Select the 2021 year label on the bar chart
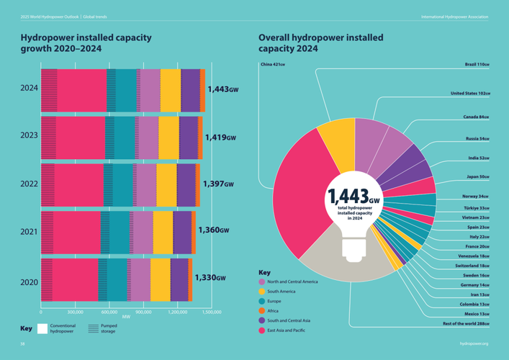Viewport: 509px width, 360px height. pyautogui.click(x=29, y=232)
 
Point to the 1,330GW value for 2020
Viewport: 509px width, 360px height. pyautogui.click(x=210, y=278)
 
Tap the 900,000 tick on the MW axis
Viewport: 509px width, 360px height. pyautogui.click(x=144, y=312)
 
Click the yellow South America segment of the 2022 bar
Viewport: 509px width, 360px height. pyautogui.click(x=166, y=184)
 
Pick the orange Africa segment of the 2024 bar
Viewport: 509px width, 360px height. pyautogui.click(x=202, y=90)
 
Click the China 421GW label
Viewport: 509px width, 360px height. pyautogui.click(x=273, y=65)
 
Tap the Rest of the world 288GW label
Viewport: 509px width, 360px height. pyautogui.click(x=466, y=324)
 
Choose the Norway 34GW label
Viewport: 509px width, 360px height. pyautogui.click(x=476, y=196)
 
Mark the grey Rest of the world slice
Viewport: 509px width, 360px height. pyautogui.click(x=346, y=263)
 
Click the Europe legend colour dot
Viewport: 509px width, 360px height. pyautogui.click(x=263, y=301)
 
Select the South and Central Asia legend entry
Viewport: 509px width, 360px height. pyautogui.click(x=288, y=320)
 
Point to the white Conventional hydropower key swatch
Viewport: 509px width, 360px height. pyautogui.click(x=42, y=328)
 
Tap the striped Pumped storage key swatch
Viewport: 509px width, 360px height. pyautogui.click(x=93, y=328)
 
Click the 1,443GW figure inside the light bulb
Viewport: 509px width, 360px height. pyautogui.click(x=353, y=197)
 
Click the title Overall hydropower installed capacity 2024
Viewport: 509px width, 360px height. pyautogui.click(x=320, y=42)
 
